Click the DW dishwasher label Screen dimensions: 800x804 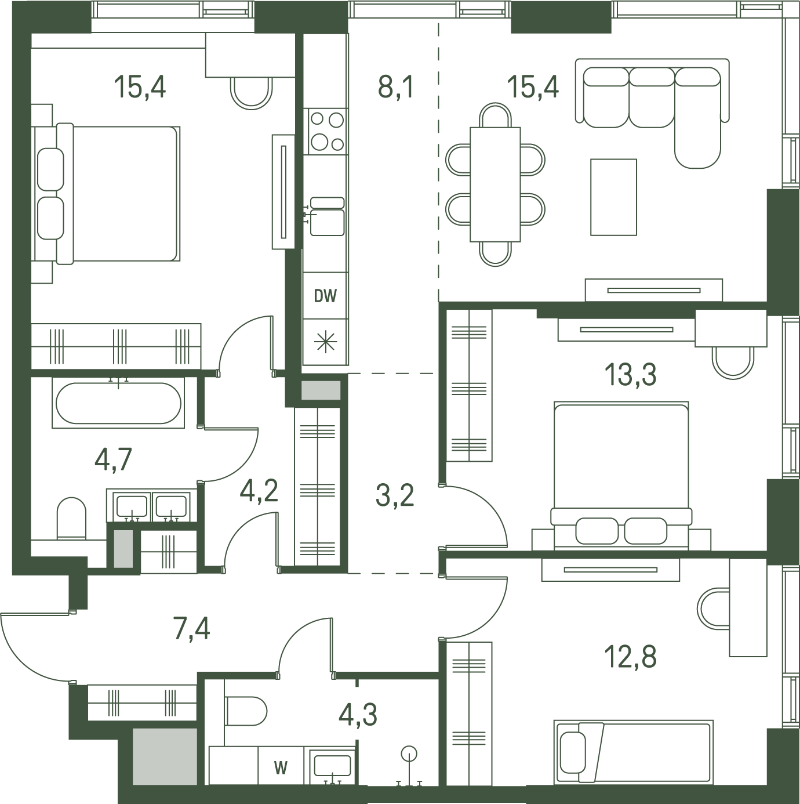(x=325, y=296)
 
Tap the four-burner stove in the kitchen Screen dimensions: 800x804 (x=325, y=132)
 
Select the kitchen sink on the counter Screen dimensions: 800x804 (x=327, y=216)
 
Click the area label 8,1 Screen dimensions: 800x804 (x=395, y=88)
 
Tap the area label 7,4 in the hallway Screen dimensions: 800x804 (x=192, y=629)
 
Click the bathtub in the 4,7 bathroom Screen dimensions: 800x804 (x=118, y=403)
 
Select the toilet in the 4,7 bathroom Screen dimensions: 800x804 (x=71, y=519)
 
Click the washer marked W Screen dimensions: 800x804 (x=282, y=767)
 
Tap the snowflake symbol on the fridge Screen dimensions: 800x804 (x=325, y=341)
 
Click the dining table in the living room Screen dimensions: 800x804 (x=495, y=184)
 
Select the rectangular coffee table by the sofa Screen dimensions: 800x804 (x=613, y=197)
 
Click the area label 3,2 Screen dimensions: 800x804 (x=395, y=496)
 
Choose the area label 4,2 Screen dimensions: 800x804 (x=259, y=491)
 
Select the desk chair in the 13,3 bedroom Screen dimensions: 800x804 (x=733, y=363)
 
